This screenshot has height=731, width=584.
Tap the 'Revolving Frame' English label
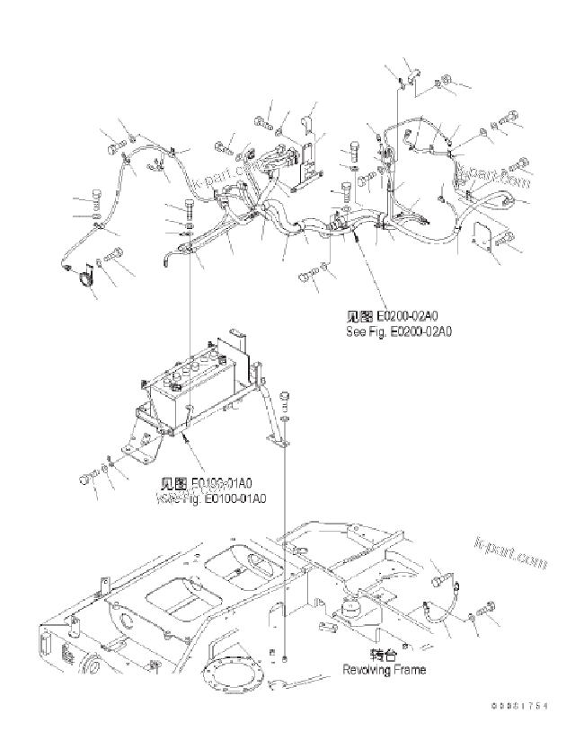pos(384,669)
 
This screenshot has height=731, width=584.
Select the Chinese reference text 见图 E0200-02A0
pos(399,317)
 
